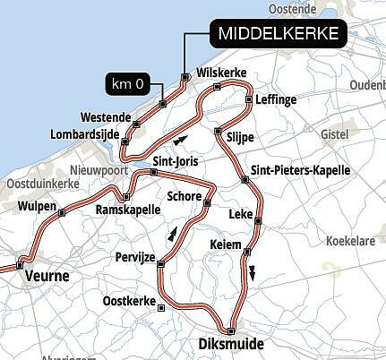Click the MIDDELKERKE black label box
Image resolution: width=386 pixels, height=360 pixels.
pyautogui.click(x=278, y=35)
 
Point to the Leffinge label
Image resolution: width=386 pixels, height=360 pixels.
pyautogui.click(x=276, y=100)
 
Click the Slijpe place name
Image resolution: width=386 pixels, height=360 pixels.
pyautogui.click(x=242, y=136)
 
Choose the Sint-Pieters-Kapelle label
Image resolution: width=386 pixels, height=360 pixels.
pyautogui.click(x=295, y=170)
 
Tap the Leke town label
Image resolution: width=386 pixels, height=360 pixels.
pyautogui.click(x=241, y=214)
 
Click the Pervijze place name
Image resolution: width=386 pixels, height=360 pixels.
pyautogui.click(x=135, y=256)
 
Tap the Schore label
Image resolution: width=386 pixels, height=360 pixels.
pyautogui.click(x=185, y=195)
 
